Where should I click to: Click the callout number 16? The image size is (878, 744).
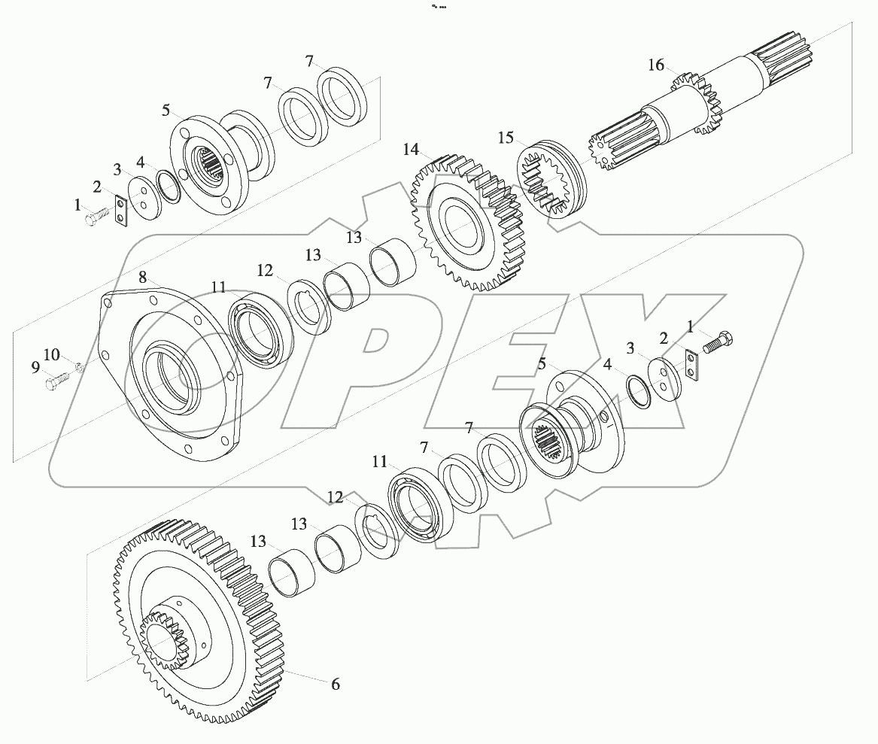(656, 65)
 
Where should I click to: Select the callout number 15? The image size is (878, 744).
(506, 138)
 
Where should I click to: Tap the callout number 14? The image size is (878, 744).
(410, 150)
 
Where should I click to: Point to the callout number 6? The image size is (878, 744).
(336, 684)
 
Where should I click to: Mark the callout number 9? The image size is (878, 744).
(35, 367)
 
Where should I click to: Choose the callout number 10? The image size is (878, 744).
(50, 354)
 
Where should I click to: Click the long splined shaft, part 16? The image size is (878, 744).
(722, 94)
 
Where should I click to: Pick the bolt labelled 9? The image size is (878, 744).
(55, 384)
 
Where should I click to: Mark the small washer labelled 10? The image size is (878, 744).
(77, 368)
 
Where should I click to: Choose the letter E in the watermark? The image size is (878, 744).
(527, 361)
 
